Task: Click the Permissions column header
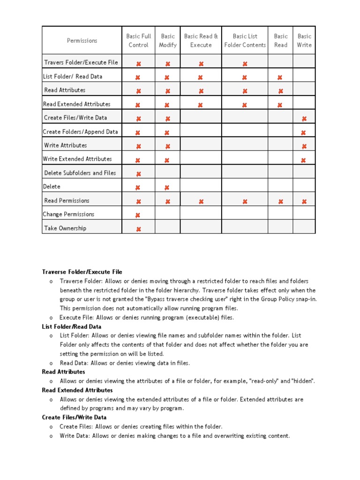82,41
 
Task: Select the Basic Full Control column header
138,41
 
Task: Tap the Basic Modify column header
168,41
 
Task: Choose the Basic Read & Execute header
201,41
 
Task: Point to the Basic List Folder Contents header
245,41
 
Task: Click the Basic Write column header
304,41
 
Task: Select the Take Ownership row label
65,228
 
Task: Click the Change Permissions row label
68,214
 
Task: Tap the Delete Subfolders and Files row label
80,173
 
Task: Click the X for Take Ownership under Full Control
138,229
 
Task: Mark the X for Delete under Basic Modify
167,188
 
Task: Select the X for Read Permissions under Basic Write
304,202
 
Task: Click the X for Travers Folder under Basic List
245,64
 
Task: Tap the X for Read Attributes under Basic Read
281,91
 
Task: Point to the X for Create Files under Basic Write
304,119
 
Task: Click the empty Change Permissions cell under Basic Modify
167,215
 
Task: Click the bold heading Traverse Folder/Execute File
82,272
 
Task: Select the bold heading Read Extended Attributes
77,390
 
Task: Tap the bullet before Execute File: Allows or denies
50,318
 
